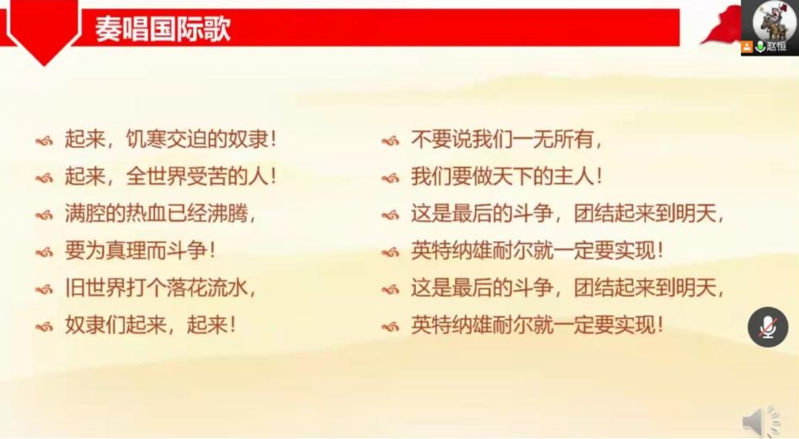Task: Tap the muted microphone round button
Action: click(767, 327)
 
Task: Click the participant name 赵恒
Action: click(776, 46)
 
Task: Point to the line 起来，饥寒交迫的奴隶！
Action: click(170, 140)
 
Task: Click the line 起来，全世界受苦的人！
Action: click(170, 177)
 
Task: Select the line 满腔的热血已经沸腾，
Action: click(160, 214)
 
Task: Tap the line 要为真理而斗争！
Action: click(140, 251)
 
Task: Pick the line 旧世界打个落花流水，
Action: click(160, 289)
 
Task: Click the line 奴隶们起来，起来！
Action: click(150, 326)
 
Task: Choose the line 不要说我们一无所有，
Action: click(506, 140)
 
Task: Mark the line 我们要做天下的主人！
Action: click(506, 177)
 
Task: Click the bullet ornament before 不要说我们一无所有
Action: click(390, 141)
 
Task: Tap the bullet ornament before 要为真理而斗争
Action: click(44, 252)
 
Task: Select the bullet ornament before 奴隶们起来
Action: click(44, 327)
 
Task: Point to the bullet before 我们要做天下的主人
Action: click(390, 178)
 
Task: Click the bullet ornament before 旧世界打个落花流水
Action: click(44, 290)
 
